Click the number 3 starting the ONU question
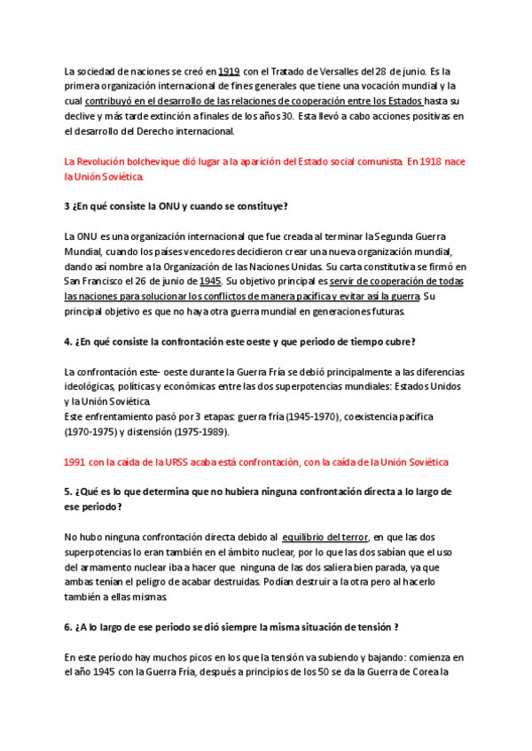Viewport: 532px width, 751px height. click(67, 206)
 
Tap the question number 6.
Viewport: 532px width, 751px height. click(68, 627)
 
